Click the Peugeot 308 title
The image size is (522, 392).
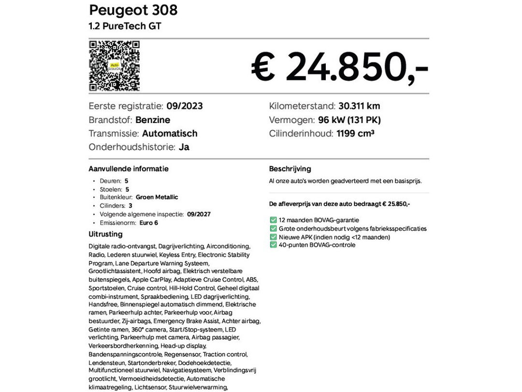[133, 10]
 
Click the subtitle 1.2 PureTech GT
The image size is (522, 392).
[125, 26]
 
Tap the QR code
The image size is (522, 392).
[114, 66]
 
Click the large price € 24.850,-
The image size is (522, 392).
[339, 67]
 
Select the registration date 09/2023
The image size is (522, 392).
[185, 106]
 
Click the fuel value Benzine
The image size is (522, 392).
[153, 120]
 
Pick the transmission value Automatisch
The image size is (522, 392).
[170, 134]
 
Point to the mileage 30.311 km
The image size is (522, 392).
[359, 106]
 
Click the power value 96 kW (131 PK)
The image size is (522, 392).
[349, 120]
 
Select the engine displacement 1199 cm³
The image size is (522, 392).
[355, 134]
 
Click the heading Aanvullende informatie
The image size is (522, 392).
[129, 169]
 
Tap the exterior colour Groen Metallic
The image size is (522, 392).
[157, 197]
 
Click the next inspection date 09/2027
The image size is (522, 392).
[199, 214]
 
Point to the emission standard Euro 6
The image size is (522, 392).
[148, 223]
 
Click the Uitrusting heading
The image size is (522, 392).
[105, 234]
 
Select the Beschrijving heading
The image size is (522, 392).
[290, 169]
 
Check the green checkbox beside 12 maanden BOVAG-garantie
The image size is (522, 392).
[273, 220]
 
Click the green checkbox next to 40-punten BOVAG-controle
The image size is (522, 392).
[273, 245]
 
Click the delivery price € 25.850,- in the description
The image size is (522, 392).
[395, 204]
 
